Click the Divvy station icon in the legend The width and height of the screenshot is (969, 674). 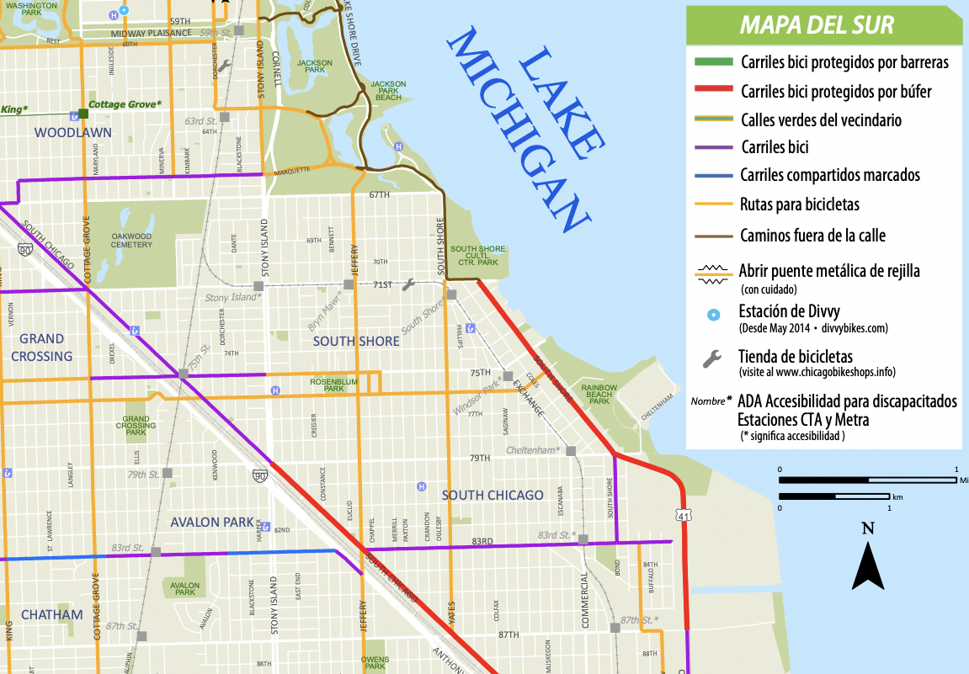pos(713,316)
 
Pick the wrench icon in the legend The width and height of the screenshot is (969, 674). pos(712,359)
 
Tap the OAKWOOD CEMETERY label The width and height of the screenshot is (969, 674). pos(131,240)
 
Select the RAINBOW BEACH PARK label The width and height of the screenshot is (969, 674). pos(599,394)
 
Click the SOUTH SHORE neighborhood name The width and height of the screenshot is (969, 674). pos(356,342)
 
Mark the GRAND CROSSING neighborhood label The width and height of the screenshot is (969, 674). pos(41,348)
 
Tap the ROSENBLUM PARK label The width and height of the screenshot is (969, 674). pos(327,385)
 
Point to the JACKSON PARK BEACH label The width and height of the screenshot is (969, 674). pos(388,91)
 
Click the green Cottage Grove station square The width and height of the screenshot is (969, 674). pos(83,113)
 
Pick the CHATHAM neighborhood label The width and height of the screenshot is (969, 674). pos(51,614)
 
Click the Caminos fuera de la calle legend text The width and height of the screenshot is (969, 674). pos(812,236)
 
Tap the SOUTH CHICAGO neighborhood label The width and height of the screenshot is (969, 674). pos(492,495)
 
